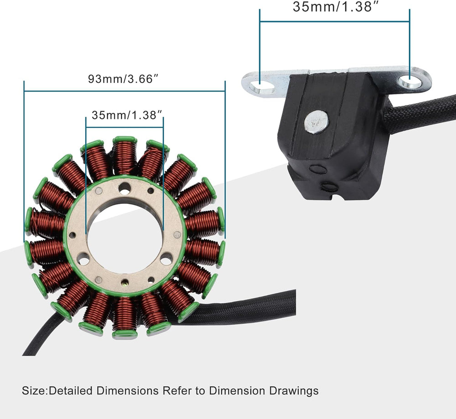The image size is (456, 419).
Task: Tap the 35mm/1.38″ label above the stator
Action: click(x=126, y=115)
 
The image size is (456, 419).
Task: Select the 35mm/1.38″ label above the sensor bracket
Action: click(x=335, y=7)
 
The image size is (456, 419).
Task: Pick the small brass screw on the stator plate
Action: click(x=125, y=281)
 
